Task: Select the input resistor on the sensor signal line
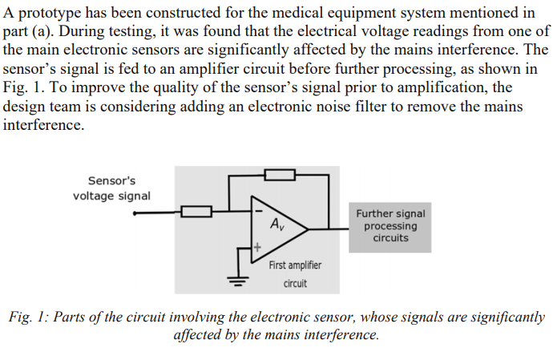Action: click(x=196, y=212)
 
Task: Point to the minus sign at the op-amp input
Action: click(x=258, y=212)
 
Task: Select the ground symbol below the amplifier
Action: click(x=238, y=280)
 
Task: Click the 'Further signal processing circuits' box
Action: click(x=390, y=226)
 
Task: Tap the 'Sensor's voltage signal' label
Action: click(x=111, y=188)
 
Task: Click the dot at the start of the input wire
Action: click(x=134, y=213)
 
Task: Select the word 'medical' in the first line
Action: click(x=327, y=14)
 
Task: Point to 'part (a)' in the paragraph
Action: click(x=30, y=32)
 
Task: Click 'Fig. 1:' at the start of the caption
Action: click(x=29, y=318)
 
